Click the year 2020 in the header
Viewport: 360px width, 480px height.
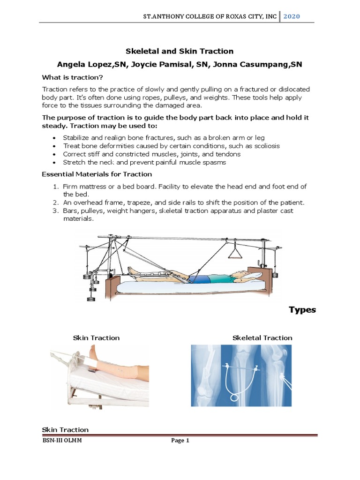click(x=291, y=16)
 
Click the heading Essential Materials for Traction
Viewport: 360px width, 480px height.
click(x=97, y=174)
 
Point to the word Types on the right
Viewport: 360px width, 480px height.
click(x=302, y=310)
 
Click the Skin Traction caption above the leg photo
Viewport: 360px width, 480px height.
click(x=96, y=337)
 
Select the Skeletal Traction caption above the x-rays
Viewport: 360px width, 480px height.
click(x=262, y=337)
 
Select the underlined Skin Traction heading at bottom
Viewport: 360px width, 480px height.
click(x=65, y=429)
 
